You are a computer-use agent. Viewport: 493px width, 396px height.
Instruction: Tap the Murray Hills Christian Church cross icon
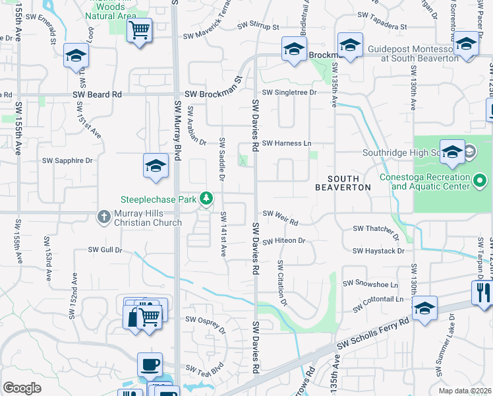(103, 216)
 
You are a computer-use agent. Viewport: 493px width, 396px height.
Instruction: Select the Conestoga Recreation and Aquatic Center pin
(480, 180)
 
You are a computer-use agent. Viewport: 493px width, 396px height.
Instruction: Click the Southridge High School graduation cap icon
(452, 152)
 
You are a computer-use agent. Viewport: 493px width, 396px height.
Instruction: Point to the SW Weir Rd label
(280, 213)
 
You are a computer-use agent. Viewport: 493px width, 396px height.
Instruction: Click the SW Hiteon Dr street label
(284, 241)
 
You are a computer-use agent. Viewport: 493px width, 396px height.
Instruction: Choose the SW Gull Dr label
(105, 250)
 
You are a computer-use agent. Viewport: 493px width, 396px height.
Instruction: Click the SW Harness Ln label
(287, 143)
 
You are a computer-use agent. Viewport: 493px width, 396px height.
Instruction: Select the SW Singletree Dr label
(289, 93)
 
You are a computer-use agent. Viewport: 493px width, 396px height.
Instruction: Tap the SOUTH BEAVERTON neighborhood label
(343, 183)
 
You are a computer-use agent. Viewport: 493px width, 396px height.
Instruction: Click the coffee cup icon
(150, 364)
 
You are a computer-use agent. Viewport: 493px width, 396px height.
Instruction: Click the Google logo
(22, 388)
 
